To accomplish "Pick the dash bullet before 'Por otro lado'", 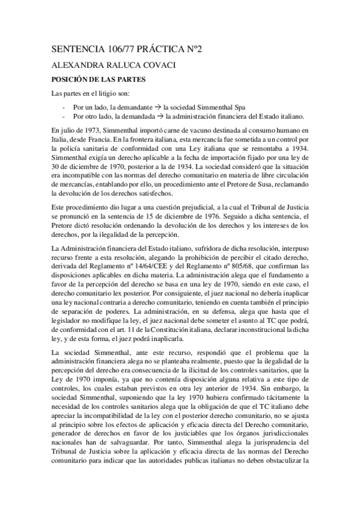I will (64, 116).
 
